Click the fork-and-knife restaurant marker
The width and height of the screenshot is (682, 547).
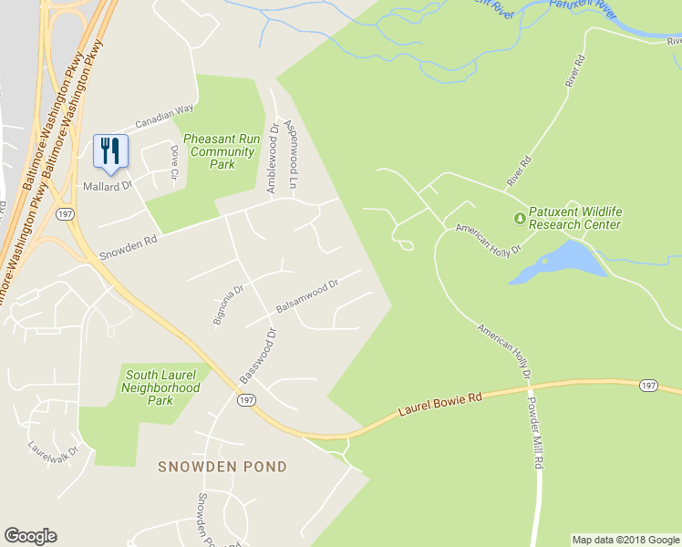click(x=110, y=150)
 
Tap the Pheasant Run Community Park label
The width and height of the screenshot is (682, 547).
click(x=222, y=151)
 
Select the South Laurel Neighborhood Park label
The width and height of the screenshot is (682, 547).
click(x=161, y=387)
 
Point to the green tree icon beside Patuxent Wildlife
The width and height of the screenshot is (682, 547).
click(x=520, y=219)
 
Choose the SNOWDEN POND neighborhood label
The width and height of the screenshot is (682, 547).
click(x=222, y=467)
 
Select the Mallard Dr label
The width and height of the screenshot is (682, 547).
click(x=108, y=185)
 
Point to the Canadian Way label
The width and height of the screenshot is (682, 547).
click(x=165, y=117)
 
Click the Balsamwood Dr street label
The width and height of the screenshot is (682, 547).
click(x=307, y=297)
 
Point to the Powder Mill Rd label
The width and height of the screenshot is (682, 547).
click(x=538, y=428)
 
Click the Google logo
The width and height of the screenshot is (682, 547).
click(x=30, y=536)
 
